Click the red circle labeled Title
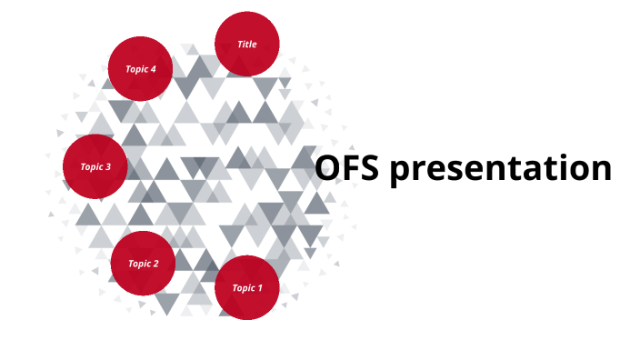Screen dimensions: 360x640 (x=247, y=44)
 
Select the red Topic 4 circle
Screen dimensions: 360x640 (x=141, y=68)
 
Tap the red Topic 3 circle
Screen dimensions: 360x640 (x=95, y=166)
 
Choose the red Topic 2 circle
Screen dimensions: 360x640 (x=143, y=264)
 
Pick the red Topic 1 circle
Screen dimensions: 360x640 (x=246, y=288)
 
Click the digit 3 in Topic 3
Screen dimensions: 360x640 (x=109, y=167)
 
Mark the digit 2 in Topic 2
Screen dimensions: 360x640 (x=156, y=265)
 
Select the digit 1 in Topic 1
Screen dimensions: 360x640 (x=260, y=288)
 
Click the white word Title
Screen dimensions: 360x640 (x=247, y=44)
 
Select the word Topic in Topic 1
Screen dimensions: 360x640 (x=243, y=288)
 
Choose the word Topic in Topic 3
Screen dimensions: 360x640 (x=92, y=167)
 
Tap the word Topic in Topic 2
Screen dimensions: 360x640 (x=139, y=265)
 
